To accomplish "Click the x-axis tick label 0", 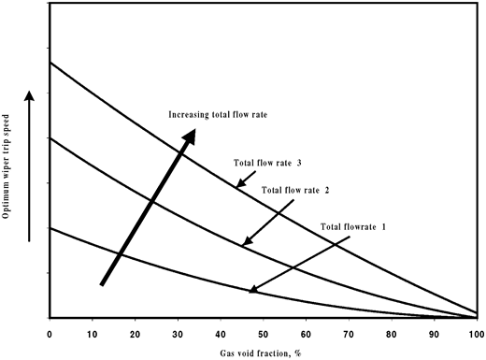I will pos(50,332).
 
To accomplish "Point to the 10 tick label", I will pos(93,332).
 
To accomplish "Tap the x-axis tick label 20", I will pos(135,332).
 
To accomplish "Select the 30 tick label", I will pos(178,332).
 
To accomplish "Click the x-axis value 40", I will pos(221,332).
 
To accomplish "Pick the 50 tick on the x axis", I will pos(263,332).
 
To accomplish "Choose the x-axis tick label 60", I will pos(306,332).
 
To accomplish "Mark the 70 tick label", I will pos(349,332).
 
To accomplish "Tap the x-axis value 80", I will pos(391,332).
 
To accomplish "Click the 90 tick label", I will pos(434,332).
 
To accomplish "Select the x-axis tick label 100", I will pos(475,332).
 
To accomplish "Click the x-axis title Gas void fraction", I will pos(263,352).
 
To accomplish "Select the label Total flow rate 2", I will pos(296,190).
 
